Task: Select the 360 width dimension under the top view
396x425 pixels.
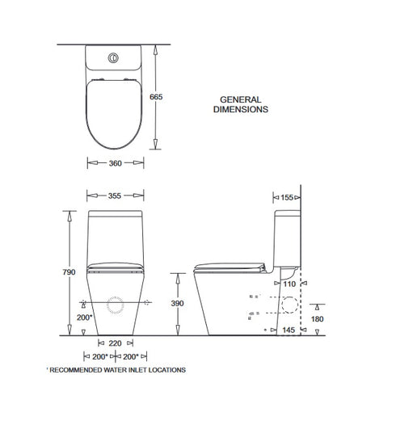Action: [x=115, y=163]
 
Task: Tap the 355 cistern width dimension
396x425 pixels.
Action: [x=115, y=195]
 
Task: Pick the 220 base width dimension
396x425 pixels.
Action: [x=115, y=343]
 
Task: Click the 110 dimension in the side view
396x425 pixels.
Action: [x=289, y=284]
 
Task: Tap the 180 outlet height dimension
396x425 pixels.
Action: [x=318, y=319]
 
